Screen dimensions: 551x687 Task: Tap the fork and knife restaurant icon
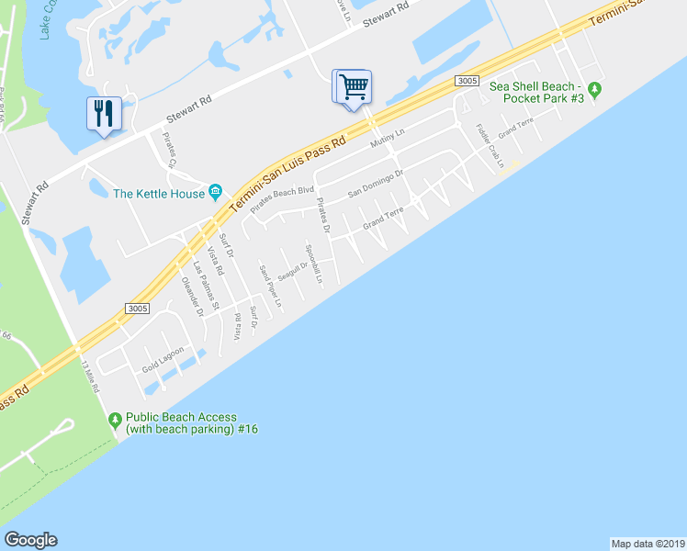point(103,114)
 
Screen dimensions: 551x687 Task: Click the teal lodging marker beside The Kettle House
point(216,192)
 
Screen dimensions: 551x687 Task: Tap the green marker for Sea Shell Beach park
point(595,89)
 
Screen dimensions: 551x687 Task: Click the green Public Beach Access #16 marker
point(115,422)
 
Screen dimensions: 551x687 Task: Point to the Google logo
point(30,540)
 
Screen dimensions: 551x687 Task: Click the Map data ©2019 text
point(648,543)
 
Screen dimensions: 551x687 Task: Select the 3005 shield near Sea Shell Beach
point(467,81)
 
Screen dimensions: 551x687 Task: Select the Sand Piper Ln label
point(270,286)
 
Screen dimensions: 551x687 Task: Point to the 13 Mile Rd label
point(90,377)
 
